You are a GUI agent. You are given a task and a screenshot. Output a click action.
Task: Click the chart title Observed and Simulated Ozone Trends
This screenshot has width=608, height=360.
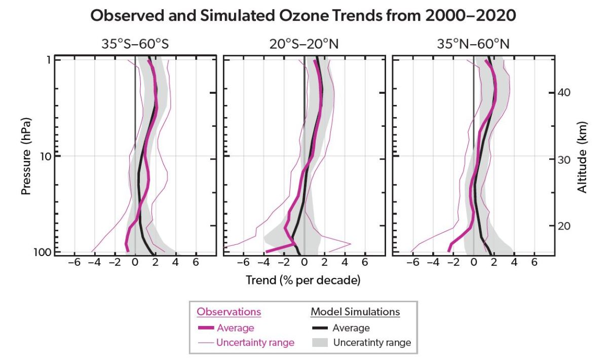[x=303, y=16]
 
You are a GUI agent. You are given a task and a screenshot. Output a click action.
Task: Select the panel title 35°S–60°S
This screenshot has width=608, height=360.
[x=135, y=45]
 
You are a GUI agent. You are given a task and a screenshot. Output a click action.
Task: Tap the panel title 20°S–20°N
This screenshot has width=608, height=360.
[x=304, y=45]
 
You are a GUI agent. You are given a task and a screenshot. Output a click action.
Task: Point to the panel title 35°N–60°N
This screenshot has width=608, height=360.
[x=473, y=45]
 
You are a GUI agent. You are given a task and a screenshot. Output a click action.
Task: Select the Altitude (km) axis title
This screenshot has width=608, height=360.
[x=582, y=157]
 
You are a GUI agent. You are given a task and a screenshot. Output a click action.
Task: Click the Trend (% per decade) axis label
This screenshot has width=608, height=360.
[x=303, y=280]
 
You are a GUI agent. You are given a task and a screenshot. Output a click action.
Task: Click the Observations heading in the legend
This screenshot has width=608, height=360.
[x=229, y=312]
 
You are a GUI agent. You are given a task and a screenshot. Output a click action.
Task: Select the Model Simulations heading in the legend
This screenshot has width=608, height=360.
[x=355, y=312]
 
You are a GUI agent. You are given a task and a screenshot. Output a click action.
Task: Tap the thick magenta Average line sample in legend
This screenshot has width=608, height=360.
[x=207, y=328]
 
